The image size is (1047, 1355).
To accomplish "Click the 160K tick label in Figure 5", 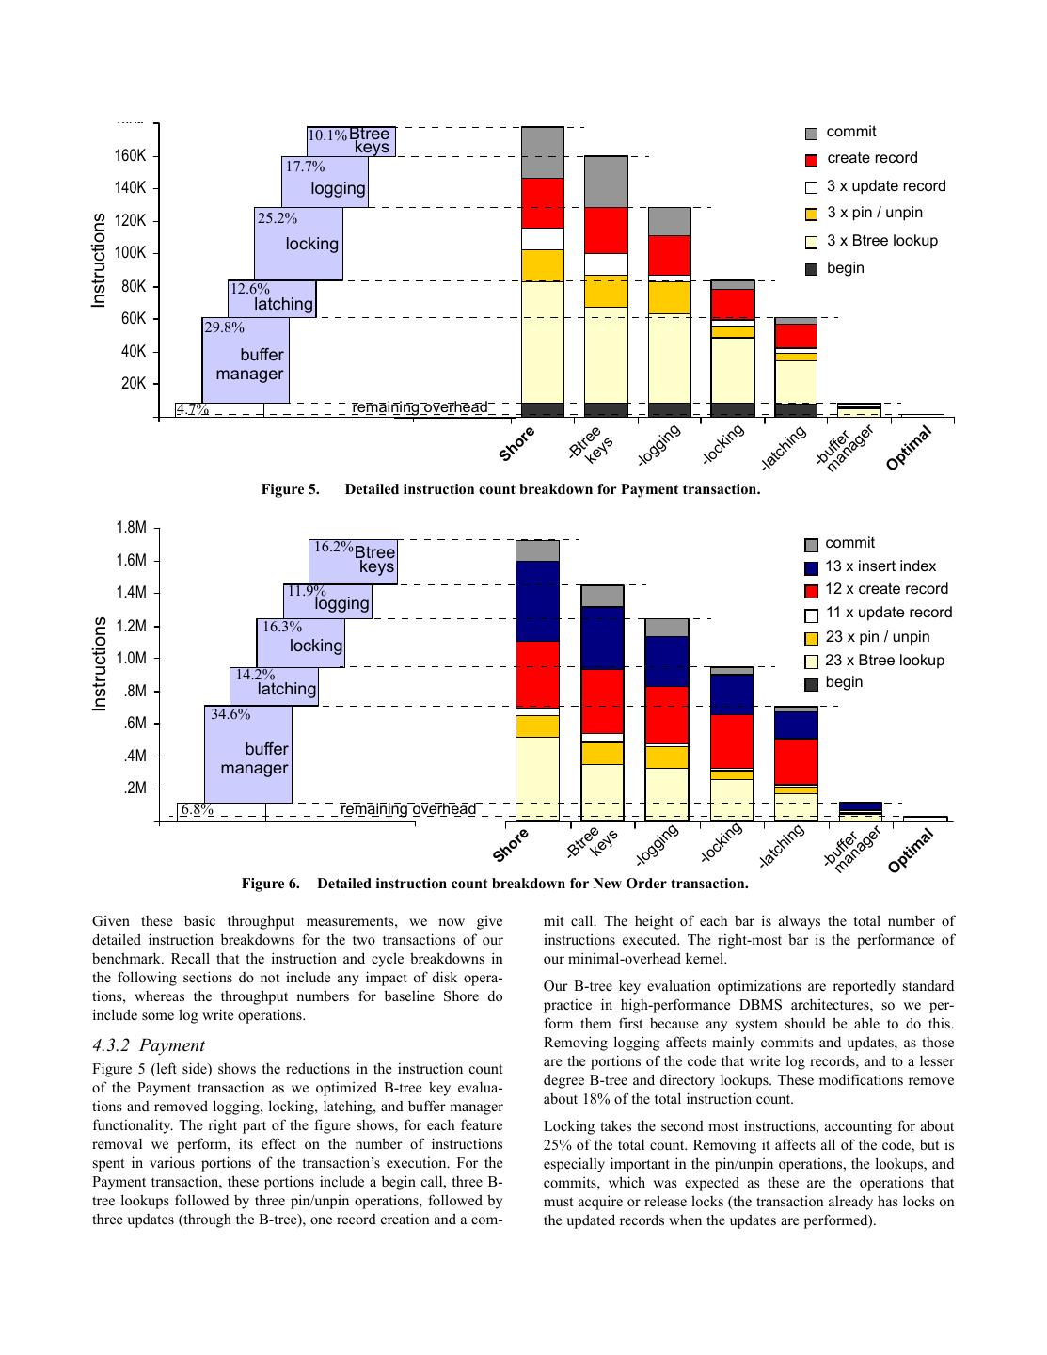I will [x=131, y=155].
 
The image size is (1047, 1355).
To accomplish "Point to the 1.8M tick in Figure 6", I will [x=131, y=528].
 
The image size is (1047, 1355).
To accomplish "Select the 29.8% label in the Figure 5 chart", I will [x=224, y=327].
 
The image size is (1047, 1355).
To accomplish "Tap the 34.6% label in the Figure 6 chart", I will [x=230, y=714].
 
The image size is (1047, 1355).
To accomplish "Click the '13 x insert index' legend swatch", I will [x=811, y=567].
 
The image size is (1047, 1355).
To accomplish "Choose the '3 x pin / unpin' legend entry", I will [x=874, y=213].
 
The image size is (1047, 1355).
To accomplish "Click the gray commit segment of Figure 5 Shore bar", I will [x=543, y=152].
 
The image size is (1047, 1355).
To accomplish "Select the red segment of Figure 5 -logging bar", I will [x=669, y=254].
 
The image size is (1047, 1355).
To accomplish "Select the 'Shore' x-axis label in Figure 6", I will [x=513, y=842].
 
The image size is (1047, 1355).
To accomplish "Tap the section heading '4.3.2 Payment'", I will [x=148, y=1045].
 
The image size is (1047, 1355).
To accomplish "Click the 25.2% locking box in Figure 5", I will [x=298, y=244].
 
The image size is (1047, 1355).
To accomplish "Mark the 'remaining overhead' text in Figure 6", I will [x=407, y=809].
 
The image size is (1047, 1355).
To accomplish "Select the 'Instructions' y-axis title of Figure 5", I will [x=99, y=260].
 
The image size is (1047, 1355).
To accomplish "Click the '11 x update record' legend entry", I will [x=888, y=613].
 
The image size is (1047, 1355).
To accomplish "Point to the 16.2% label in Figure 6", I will [x=333, y=547].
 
